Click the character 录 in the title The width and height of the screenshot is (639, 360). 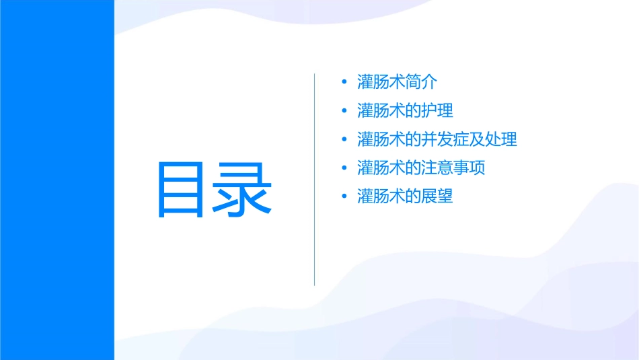pos(243,190)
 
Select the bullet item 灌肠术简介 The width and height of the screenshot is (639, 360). pos(397,83)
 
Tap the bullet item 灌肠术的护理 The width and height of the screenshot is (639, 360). pos(405,111)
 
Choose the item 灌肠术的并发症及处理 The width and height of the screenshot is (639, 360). pos(437,139)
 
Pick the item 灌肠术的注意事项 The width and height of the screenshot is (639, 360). pos(421,168)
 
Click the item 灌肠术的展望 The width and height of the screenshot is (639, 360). pos(405,196)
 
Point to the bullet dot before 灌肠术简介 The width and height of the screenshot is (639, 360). pos(344,83)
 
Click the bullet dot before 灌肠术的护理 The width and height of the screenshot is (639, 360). pos(344,112)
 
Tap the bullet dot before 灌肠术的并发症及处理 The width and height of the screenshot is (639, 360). pos(344,140)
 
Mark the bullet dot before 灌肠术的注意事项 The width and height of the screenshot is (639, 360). pos(344,168)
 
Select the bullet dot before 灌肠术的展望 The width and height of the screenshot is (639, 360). pos(344,197)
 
